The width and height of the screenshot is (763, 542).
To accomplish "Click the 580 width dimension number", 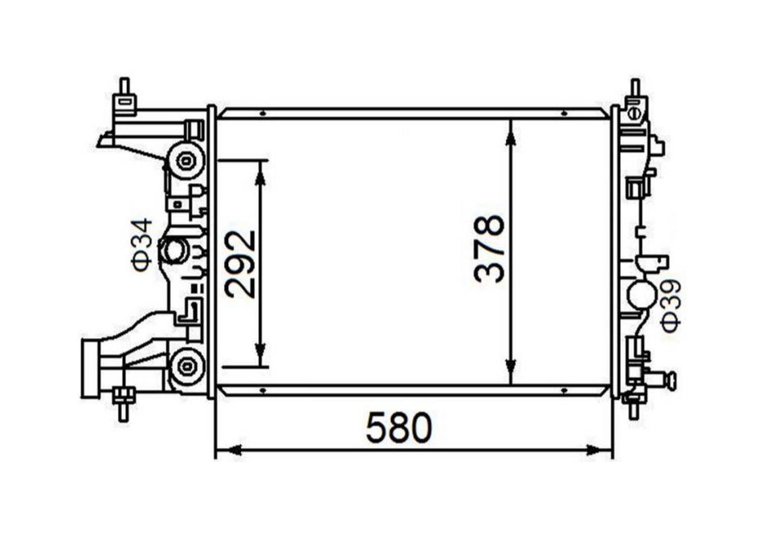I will click(x=399, y=428).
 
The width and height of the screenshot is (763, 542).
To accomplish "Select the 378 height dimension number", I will click(x=489, y=248).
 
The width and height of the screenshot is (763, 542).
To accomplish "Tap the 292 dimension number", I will click(x=240, y=264).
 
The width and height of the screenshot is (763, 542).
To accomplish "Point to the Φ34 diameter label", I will click(x=142, y=244).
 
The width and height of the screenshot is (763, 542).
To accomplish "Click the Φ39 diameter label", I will click(x=671, y=304).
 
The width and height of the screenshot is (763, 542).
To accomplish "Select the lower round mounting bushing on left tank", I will click(x=187, y=368).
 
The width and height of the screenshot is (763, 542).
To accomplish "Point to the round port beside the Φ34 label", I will click(x=173, y=251).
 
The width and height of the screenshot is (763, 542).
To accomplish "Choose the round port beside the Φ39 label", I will click(x=643, y=294).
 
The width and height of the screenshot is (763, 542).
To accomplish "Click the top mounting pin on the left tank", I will click(x=124, y=89).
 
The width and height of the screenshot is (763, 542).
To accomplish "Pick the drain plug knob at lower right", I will click(x=670, y=379).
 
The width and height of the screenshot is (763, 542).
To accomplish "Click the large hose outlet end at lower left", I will click(x=91, y=369).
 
